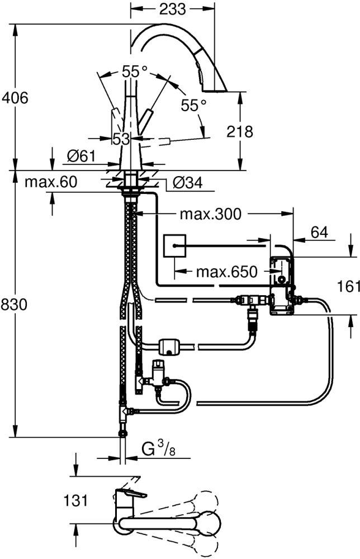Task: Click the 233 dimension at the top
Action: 173,9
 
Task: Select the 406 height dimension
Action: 15,98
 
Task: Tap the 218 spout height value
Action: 240,132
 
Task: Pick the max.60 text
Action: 51,182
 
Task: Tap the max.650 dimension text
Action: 226,272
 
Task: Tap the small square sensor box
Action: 174,245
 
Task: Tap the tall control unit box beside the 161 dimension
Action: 281,285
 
